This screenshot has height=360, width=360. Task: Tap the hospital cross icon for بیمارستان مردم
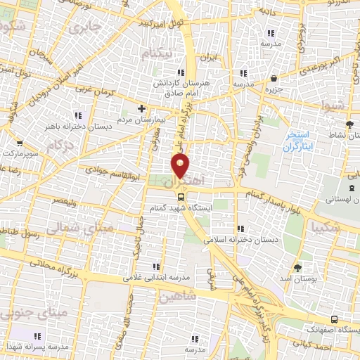coord(142,109)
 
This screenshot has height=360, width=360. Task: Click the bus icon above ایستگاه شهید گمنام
coord(181,197)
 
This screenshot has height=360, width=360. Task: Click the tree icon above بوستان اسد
coord(297,267)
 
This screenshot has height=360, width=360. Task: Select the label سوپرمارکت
coord(19,152)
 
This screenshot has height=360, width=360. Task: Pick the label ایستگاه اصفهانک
coord(331,328)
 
